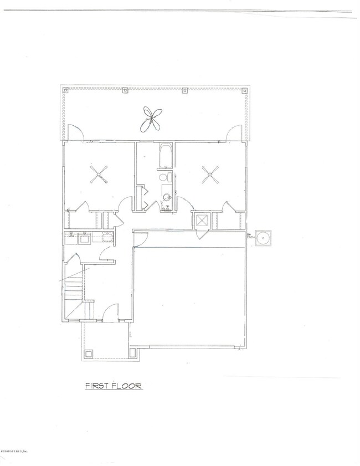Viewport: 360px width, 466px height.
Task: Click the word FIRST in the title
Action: tap(95, 386)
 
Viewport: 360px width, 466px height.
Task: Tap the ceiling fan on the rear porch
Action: tap(152, 119)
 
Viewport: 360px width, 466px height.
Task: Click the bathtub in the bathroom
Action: tap(165, 157)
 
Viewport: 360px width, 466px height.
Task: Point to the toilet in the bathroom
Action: tap(164, 178)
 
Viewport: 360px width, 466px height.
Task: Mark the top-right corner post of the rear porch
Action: tap(244, 89)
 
